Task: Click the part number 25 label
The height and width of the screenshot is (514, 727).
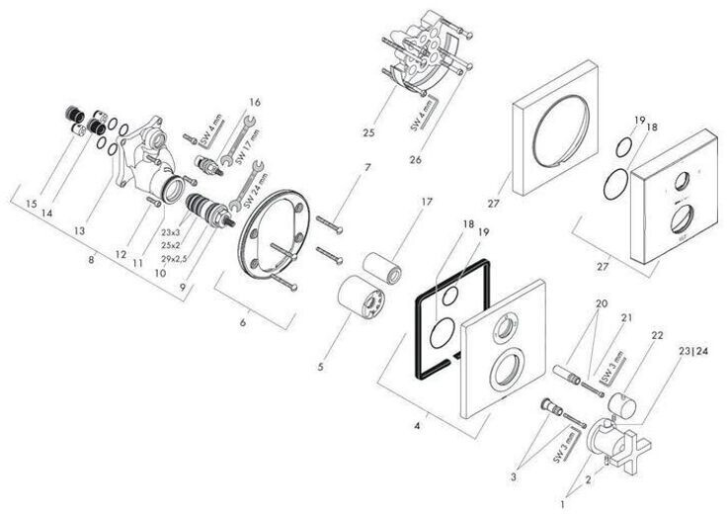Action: (368, 132)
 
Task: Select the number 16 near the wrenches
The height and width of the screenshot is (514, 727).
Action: (255, 101)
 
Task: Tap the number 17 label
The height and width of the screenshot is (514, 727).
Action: (427, 202)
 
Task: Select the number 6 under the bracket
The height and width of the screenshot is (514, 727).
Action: (244, 321)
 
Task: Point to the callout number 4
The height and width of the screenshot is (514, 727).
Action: (419, 427)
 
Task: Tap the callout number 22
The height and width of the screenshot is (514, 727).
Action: (657, 336)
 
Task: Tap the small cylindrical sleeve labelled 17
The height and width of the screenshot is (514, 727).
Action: (383, 266)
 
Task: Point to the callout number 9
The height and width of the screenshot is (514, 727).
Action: (180, 287)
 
